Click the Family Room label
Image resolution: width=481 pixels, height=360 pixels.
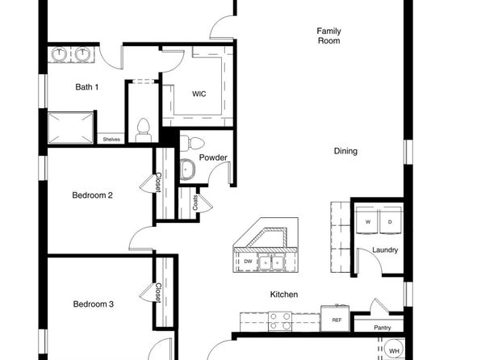[x=328, y=36]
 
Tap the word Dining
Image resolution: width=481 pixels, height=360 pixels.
[x=345, y=151]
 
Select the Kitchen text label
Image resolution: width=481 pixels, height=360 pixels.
[x=283, y=295]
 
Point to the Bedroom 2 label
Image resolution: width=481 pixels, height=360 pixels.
[x=92, y=195]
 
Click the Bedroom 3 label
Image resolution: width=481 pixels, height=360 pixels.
[x=94, y=304]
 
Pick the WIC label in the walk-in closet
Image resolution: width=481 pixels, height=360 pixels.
[x=199, y=94]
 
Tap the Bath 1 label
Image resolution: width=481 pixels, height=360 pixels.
[x=86, y=86]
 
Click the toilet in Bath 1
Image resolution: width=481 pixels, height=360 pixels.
[x=144, y=129]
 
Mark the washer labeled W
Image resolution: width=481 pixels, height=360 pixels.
[x=367, y=221]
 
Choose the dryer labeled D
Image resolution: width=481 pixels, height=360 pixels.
[x=389, y=221]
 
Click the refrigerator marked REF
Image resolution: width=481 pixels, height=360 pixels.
[x=337, y=319]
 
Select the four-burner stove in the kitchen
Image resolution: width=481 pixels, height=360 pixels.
[x=280, y=321]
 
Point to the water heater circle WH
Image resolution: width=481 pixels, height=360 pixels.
[x=394, y=351]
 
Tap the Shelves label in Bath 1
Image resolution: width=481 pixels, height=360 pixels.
[x=111, y=139]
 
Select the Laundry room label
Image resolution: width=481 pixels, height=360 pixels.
[x=384, y=250]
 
